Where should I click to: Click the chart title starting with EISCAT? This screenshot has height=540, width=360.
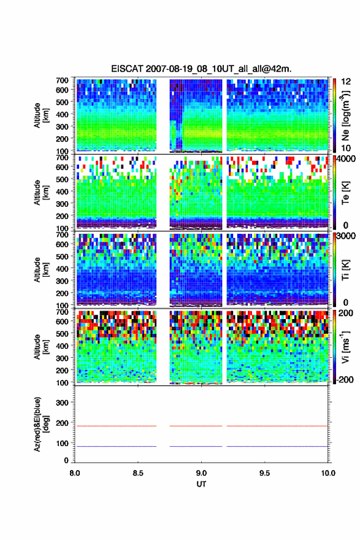pyautogui.click(x=201, y=69)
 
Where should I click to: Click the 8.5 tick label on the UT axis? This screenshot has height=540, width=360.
pyautogui.click(x=138, y=473)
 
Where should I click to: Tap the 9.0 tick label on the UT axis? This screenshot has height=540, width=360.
pyautogui.click(x=201, y=473)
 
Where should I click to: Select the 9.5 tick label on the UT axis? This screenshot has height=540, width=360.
pyautogui.click(x=265, y=473)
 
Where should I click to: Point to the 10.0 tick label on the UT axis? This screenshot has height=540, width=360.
pyautogui.click(x=328, y=473)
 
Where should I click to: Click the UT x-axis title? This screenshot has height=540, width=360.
pyautogui.click(x=201, y=484)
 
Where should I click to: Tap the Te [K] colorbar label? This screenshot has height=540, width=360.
pyautogui.click(x=345, y=192)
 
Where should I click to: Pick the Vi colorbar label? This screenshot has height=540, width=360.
pyautogui.click(x=345, y=347)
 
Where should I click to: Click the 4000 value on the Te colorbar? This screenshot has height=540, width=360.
pyautogui.click(x=347, y=159)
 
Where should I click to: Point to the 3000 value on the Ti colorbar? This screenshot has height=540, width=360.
pyautogui.click(x=347, y=236)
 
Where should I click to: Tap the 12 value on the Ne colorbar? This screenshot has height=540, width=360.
pyautogui.click(x=346, y=82)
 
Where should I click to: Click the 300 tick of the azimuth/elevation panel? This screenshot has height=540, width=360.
pyautogui.click(x=63, y=403)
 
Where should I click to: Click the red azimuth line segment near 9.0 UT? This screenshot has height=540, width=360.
pyautogui.click(x=196, y=426)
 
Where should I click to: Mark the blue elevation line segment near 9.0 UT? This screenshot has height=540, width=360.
pyautogui.click(x=196, y=446)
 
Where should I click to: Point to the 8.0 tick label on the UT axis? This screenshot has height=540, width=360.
pyautogui.click(x=75, y=473)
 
